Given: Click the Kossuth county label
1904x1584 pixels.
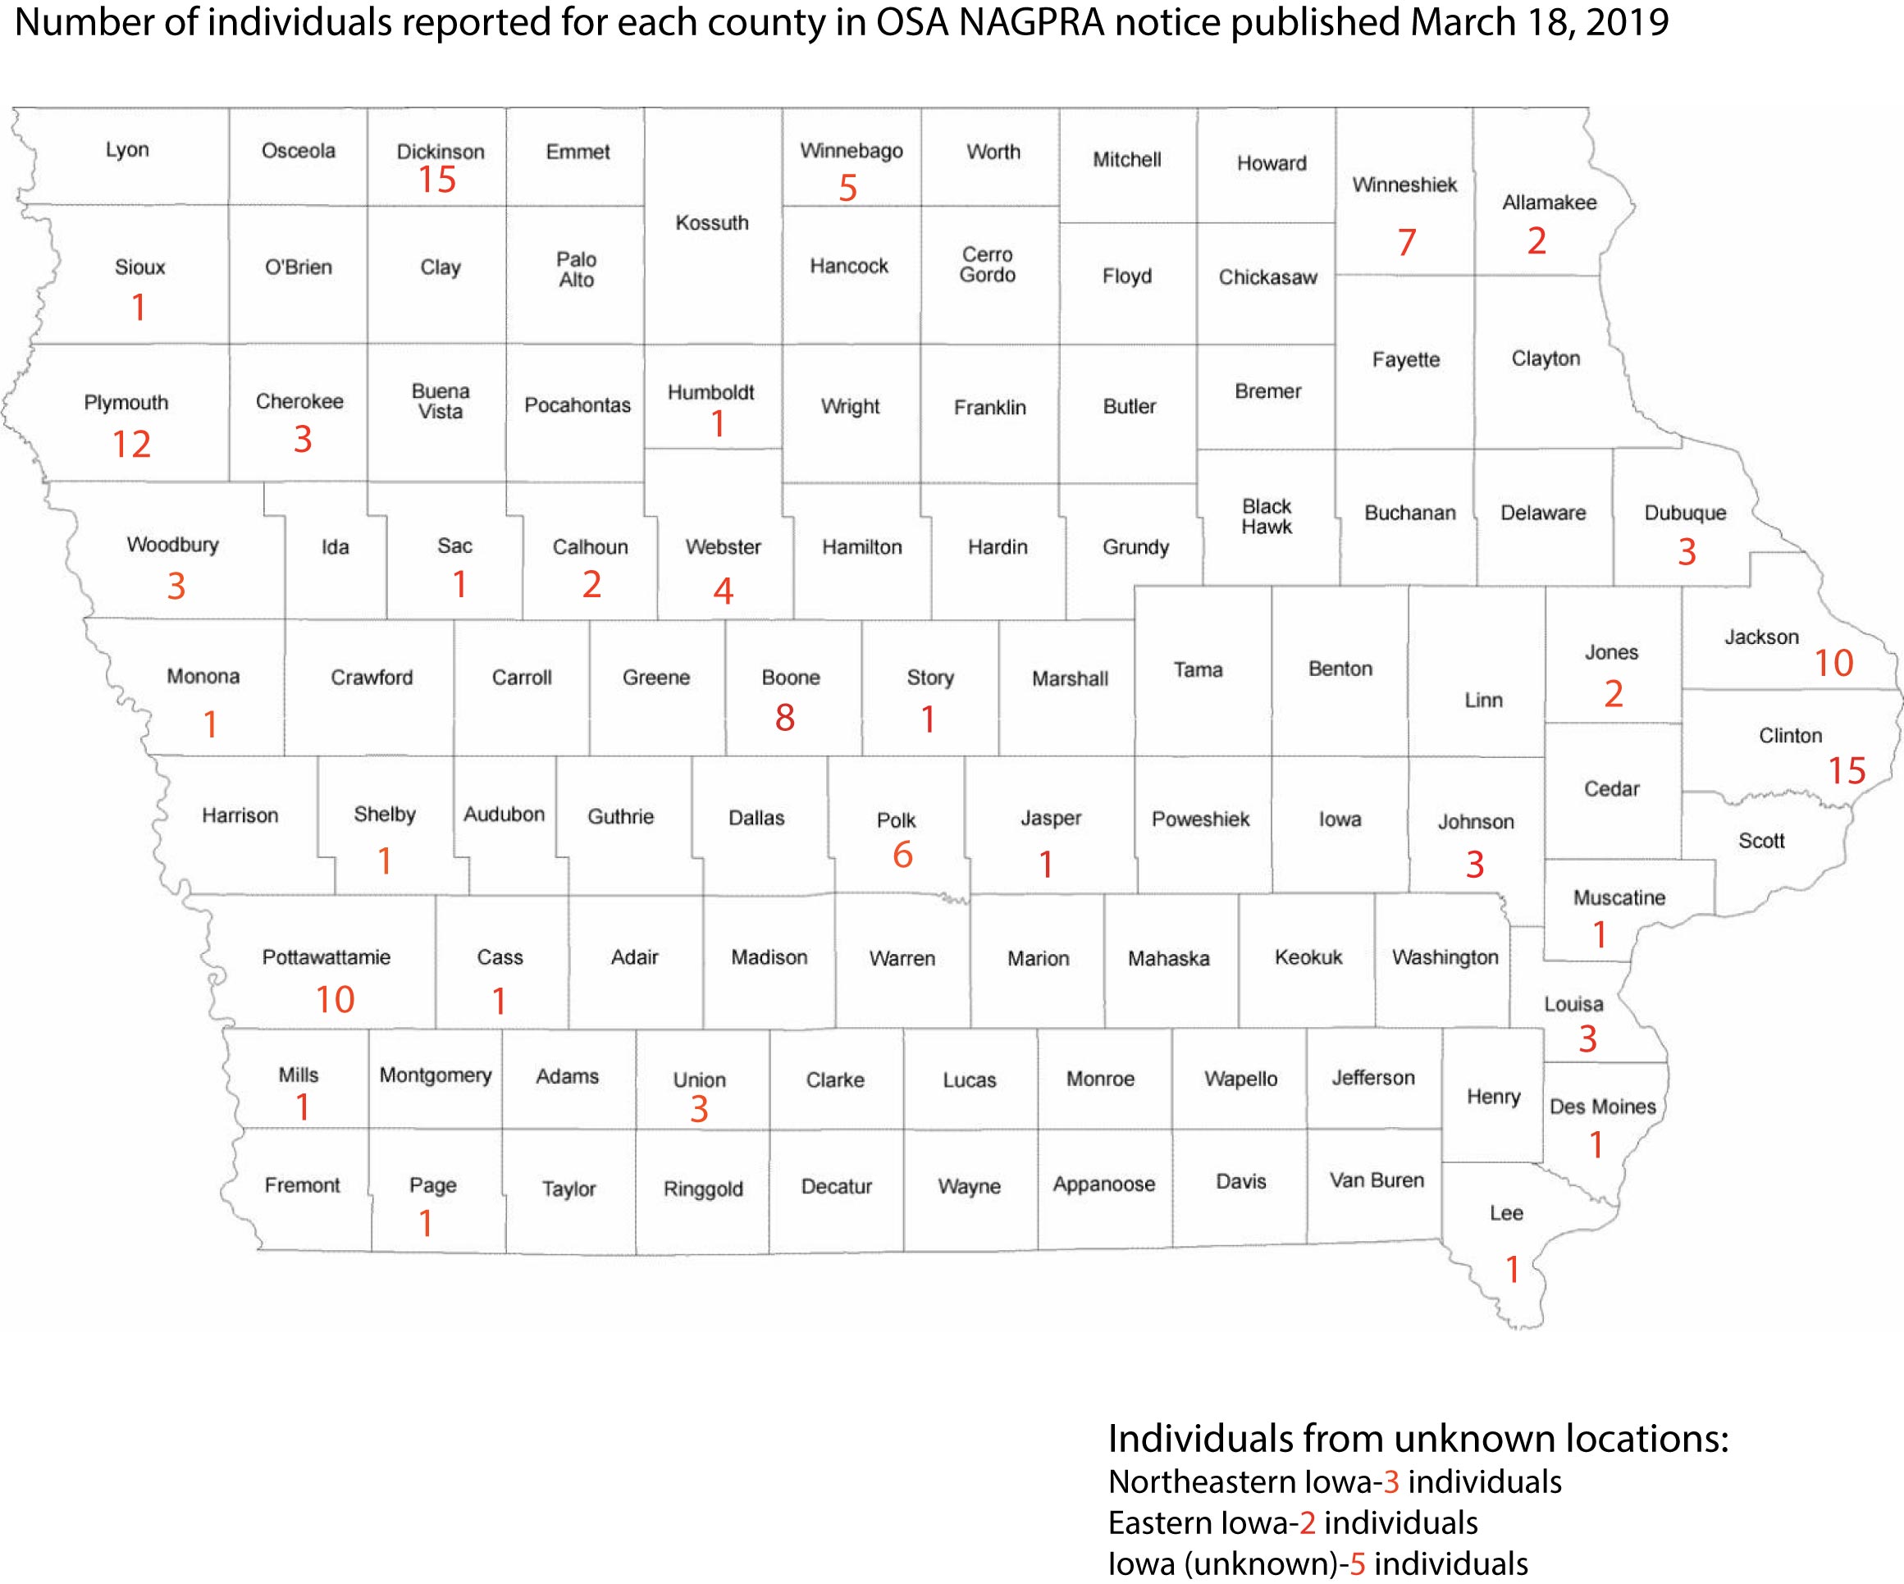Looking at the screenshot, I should coord(712,223).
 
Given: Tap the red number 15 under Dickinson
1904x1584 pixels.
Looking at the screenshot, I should coord(436,180).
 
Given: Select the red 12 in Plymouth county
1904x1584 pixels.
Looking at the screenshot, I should coord(131,445).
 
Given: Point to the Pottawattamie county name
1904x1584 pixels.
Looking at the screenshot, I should coord(326,957).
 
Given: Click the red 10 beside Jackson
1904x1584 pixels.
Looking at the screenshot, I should coord(1833,664).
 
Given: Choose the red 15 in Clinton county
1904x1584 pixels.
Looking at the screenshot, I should coord(1847,771).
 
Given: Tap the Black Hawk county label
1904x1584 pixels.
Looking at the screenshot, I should coord(1266,517).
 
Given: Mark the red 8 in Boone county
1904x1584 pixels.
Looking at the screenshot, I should coord(784,718).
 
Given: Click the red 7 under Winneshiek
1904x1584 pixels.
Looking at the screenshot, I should coord(1406,242).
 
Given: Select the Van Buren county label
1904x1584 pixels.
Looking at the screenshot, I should coord(1377,1180).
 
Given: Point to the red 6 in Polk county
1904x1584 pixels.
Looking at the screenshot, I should coord(902,855).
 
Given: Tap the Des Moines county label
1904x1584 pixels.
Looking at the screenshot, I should coord(1602,1107).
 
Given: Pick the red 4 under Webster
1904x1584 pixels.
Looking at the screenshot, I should coord(723,591).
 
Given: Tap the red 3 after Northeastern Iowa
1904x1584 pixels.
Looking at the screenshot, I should coord(1390,1482).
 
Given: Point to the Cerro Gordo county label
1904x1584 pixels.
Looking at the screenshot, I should coord(988,265).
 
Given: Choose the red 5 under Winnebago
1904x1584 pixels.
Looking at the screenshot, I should coord(847,189).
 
